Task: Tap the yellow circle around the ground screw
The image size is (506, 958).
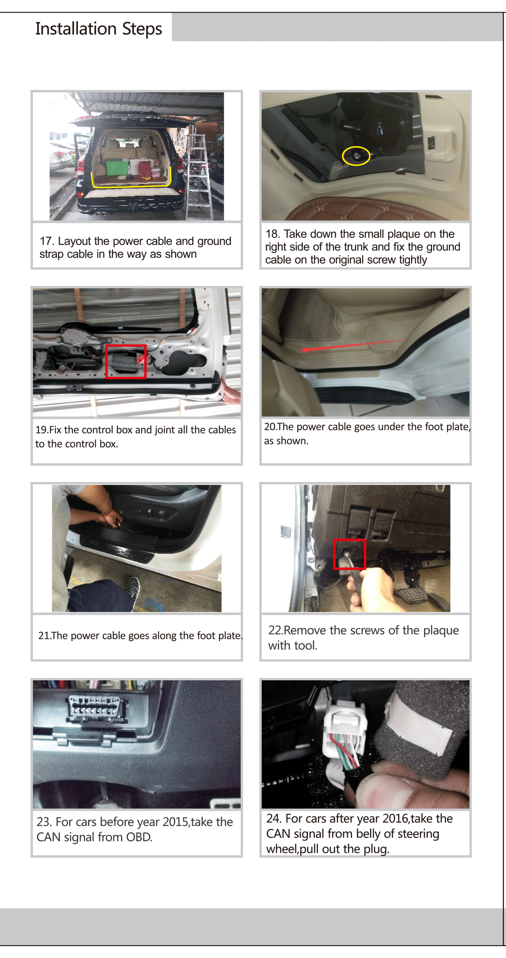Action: (x=356, y=156)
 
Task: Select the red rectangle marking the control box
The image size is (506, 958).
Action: (x=126, y=361)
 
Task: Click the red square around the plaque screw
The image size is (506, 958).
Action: (x=349, y=554)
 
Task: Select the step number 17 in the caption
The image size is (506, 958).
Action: (x=46, y=241)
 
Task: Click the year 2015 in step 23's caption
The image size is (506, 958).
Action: (x=176, y=822)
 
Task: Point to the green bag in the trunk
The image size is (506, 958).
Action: (x=118, y=168)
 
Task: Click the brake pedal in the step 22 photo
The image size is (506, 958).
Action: (x=411, y=595)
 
